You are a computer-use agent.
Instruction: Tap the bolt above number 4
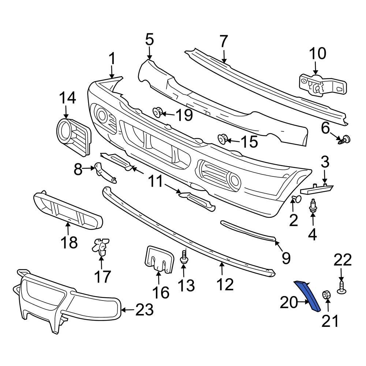point(313,206)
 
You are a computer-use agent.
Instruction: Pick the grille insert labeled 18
point(68,210)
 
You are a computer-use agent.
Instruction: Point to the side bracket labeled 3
point(317,189)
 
